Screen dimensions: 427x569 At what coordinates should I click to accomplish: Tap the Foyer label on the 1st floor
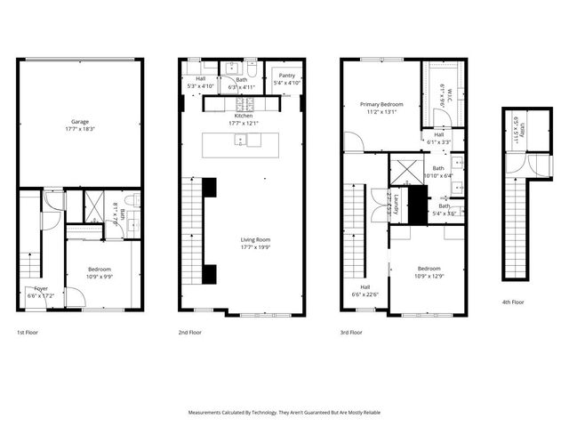pyautogui.click(x=41, y=288)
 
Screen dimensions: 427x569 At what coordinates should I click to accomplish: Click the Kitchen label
pyautogui.click(x=244, y=116)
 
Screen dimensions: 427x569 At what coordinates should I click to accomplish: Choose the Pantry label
pyautogui.click(x=286, y=77)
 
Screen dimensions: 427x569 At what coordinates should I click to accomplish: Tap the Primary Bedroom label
pyautogui.click(x=381, y=104)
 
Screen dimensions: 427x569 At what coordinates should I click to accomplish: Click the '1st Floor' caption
pyautogui.click(x=27, y=332)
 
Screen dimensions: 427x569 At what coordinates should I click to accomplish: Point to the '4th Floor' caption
pyautogui.click(x=513, y=302)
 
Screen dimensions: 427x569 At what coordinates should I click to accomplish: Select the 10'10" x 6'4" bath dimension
pyautogui.click(x=437, y=176)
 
